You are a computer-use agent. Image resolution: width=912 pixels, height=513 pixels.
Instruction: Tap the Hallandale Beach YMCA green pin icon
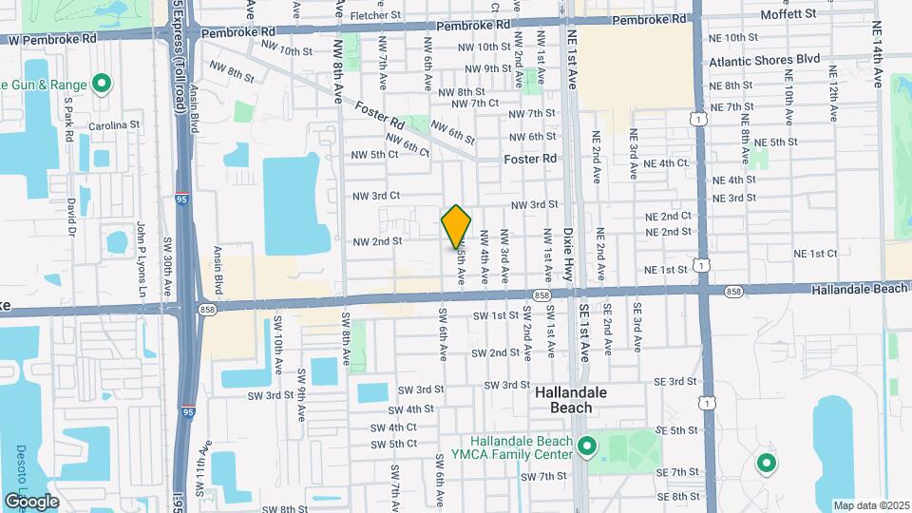point(587,445)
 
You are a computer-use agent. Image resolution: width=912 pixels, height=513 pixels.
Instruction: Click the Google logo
point(32,501)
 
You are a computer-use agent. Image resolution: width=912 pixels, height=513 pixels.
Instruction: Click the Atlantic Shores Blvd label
point(765,59)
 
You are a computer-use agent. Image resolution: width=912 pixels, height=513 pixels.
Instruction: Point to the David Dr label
point(71,217)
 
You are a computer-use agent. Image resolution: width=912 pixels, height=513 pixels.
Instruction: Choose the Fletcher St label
point(376,15)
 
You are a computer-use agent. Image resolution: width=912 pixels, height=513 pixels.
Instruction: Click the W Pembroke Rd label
point(51,40)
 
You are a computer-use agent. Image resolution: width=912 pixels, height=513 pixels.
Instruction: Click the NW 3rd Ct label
point(372,196)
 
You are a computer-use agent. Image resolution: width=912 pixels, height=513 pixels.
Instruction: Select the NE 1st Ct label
point(815,253)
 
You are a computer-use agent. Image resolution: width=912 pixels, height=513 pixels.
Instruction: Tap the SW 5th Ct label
point(395,444)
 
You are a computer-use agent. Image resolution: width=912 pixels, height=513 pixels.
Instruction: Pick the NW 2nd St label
point(377,241)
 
